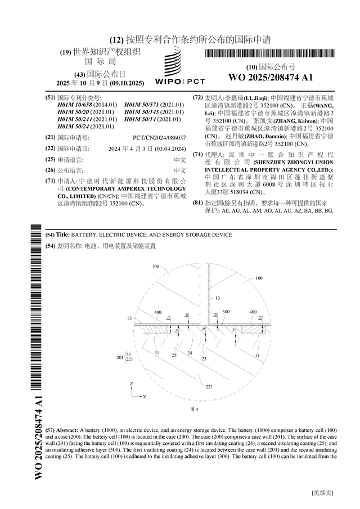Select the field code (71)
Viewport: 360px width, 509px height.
pos(49,181)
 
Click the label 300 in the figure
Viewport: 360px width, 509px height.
pos(226,312)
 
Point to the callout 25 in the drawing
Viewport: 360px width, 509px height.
pos(174,355)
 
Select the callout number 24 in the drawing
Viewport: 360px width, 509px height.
pos(190,353)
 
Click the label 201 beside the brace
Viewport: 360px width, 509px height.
pos(119,357)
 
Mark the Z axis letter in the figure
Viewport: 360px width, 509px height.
pos(131,384)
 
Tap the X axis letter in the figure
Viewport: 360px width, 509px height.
pos(145,397)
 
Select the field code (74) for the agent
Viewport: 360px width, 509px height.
pos(197,154)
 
